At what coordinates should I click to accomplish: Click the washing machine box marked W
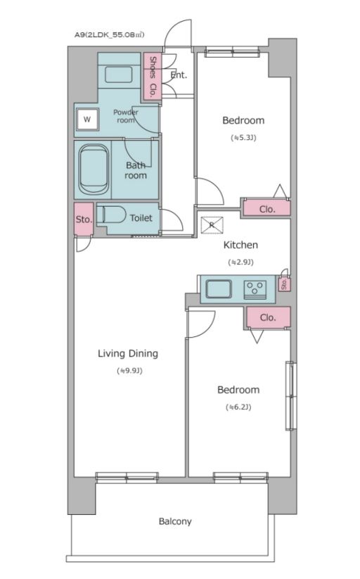(87, 120)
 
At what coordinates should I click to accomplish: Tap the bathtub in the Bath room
(94, 170)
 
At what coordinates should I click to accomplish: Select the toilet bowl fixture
(112, 214)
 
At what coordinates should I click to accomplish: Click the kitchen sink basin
(219, 288)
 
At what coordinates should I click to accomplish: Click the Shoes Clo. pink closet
(152, 77)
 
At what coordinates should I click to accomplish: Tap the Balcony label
(175, 521)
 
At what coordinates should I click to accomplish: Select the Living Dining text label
(128, 353)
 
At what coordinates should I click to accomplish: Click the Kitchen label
(240, 245)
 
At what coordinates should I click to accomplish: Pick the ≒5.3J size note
(243, 138)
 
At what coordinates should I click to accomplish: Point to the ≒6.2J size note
(238, 407)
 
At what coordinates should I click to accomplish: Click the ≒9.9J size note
(129, 371)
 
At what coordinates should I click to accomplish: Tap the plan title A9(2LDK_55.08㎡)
(109, 35)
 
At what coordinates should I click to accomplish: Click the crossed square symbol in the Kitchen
(212, 225)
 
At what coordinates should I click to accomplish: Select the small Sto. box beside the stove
(284, 284)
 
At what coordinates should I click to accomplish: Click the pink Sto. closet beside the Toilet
(84, 219)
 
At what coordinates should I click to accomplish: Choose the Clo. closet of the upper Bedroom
(267, 210)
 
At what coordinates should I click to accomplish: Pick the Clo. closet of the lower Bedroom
(268, 317)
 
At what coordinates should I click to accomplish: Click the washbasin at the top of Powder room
(119, 74)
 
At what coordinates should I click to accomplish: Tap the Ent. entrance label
(179, 75)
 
